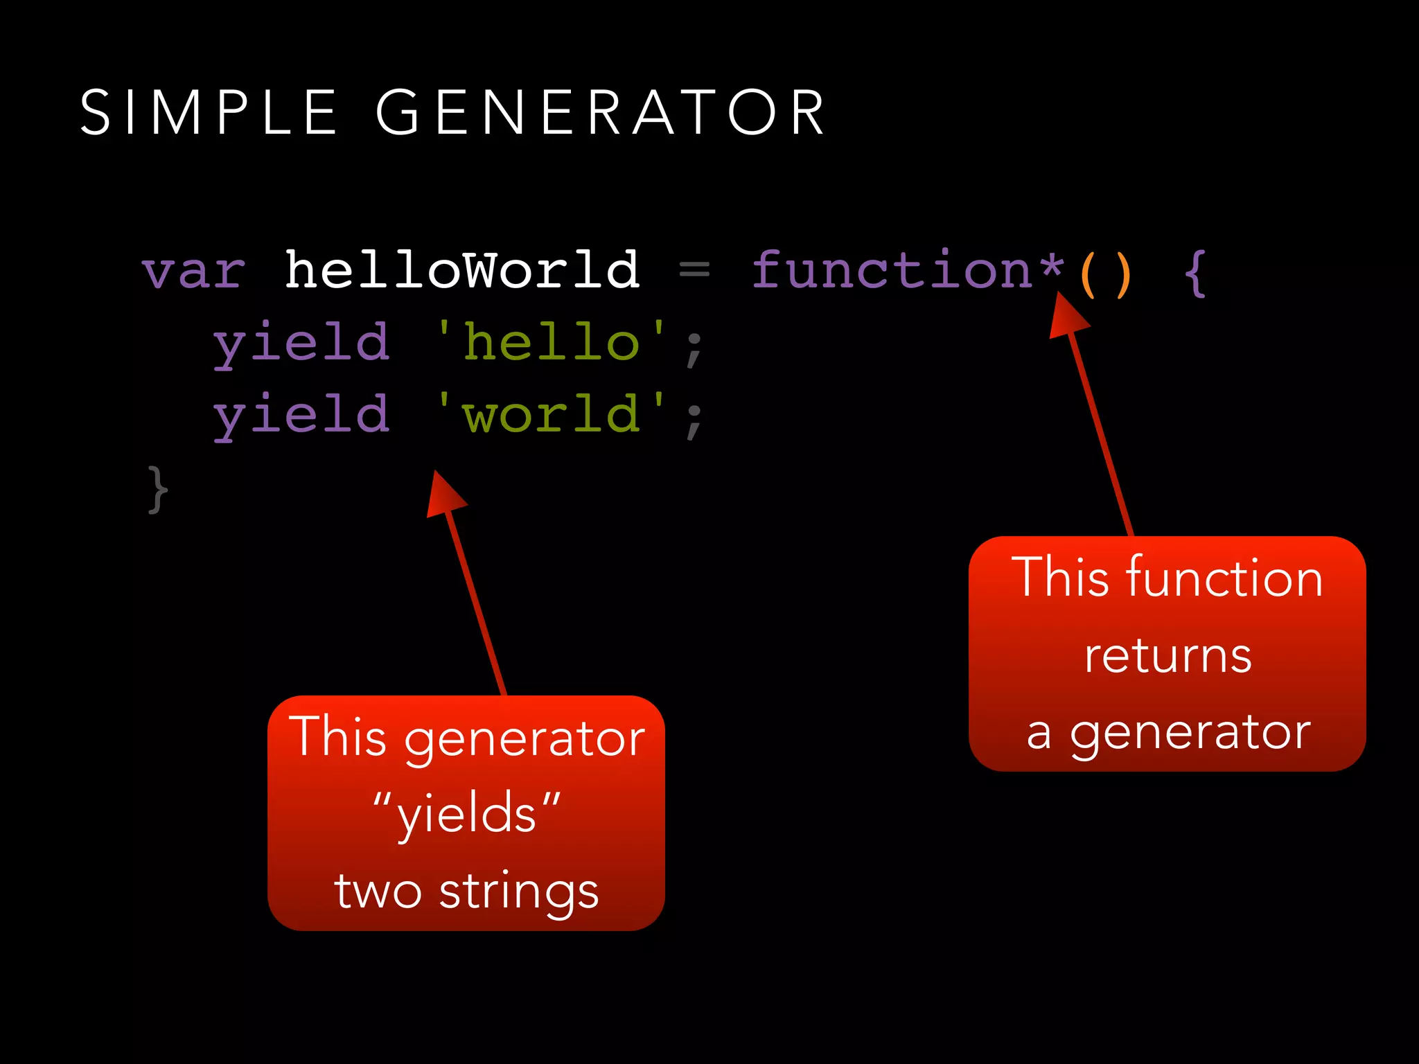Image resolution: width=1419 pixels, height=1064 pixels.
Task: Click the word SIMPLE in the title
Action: (209, 112)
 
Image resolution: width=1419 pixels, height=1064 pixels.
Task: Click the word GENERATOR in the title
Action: (600, 112)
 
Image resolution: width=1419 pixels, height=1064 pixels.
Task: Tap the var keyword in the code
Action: (194, 271)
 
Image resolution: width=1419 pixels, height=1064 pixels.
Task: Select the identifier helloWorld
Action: (462, 269)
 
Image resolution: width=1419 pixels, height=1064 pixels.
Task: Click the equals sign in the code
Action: (694, 269)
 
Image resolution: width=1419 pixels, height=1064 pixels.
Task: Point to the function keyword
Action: (892, 269)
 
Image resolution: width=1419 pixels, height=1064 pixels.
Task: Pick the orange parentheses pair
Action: (1106, 274)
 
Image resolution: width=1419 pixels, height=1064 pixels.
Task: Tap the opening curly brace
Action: (1195, 274)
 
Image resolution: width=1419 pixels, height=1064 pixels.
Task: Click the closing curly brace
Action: (157, 490)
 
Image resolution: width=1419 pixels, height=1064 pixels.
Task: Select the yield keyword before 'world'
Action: (301, 415)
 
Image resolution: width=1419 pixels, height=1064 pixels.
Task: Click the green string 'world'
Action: (551, 414)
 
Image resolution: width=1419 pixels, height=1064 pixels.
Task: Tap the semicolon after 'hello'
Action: (694, 348)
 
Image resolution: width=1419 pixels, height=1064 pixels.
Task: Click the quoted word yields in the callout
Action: (466, 813)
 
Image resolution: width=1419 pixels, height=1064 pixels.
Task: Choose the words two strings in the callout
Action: (466, 891)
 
